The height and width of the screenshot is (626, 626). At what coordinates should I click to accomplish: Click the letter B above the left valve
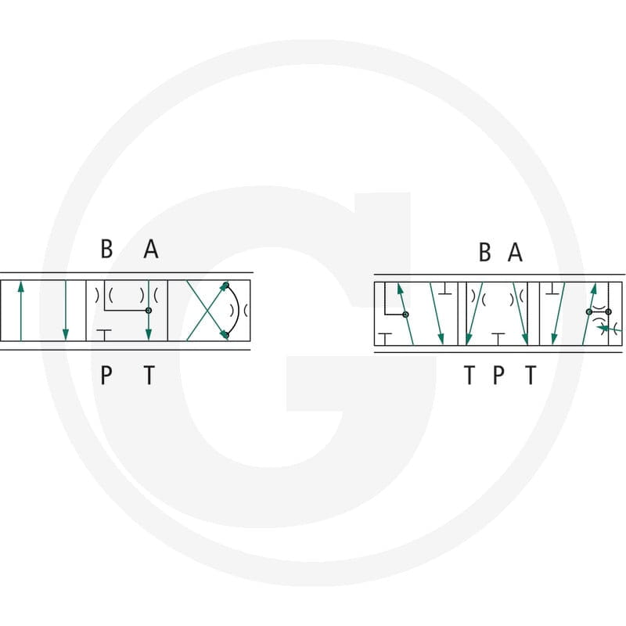(106, 249)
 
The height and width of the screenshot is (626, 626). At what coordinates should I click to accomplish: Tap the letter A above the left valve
(151, 249)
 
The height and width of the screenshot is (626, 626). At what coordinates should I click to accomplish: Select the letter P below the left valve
(106, 375)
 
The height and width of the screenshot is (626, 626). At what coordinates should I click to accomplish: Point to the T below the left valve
(149, 375)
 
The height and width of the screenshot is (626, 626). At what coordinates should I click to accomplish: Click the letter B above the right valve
(484, 252)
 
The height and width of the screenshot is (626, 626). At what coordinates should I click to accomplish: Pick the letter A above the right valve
(515, 252)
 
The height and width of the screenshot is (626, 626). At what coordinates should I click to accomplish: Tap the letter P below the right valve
(498, 375)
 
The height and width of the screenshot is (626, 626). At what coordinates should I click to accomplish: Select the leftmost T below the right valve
(469, 375)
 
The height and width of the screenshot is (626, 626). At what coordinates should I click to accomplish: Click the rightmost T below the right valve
(531, 375)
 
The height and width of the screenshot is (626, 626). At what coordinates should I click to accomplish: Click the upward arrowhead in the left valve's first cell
(21, 287)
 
